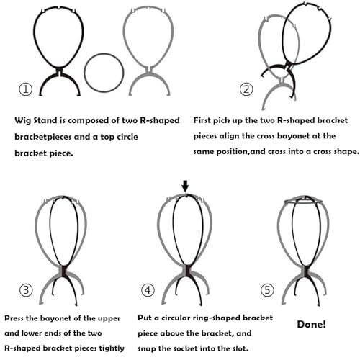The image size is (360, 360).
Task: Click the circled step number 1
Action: (x=25, y=89)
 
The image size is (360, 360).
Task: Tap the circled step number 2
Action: (x=246, y=89)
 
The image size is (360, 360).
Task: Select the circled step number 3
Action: (x=26, y=290)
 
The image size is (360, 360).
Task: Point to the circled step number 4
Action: (x=148, y=290)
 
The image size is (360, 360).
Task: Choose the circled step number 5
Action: (x=267, y=290)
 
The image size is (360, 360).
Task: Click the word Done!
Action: (x=311, y=324)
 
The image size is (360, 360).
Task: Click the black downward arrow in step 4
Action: (x=185, y=186)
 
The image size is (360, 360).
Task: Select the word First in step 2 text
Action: (x=202, y=120)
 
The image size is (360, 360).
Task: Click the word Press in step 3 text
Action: (x=14, y=318)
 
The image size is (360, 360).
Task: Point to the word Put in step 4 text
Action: (x=145, y=318)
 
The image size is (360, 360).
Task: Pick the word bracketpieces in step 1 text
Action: (x=43, y=137)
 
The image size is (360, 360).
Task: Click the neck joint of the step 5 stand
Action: (x=305, y=271)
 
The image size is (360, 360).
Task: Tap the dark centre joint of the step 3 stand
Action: (x=63, y=271)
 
